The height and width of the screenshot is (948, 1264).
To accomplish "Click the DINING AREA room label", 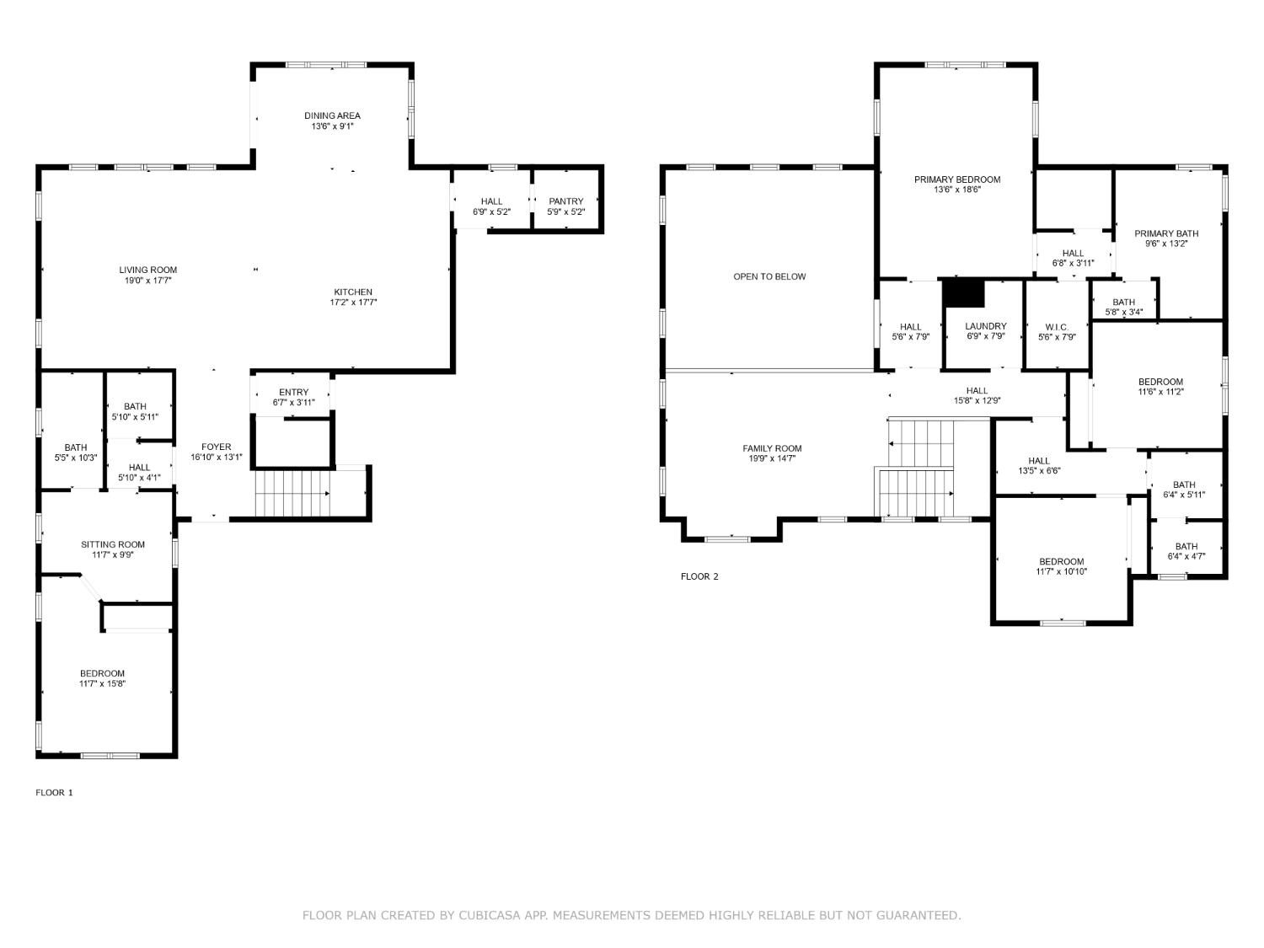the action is point(332,115).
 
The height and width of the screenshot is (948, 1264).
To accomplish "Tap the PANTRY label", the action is point(566,201).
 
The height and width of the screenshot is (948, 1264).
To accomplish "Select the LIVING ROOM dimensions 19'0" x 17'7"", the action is point(148,281).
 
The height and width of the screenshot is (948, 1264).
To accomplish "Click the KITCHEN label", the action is point(353,292).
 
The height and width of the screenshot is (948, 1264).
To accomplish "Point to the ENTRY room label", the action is point(294,392).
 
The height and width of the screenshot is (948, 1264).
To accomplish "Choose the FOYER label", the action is point(217,447).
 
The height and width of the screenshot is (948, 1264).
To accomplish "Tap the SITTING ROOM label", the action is point(113,544).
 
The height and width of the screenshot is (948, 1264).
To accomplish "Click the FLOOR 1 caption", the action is point(54,793).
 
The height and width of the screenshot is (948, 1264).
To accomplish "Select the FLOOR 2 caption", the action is point(699,576).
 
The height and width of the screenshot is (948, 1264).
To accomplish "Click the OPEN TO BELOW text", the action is point(769,277).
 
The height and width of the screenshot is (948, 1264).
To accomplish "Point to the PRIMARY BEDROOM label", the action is point(957,179).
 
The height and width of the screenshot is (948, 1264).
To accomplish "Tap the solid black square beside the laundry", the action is point(963,293).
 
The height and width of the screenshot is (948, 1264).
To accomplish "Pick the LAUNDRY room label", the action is point(986,326).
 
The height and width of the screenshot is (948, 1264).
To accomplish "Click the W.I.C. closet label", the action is point(1057,328).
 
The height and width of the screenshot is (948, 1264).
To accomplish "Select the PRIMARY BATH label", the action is point(1166,233).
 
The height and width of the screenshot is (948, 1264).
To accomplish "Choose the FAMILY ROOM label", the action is point(772,448).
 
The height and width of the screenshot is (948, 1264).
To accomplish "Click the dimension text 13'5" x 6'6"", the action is point(1039,471).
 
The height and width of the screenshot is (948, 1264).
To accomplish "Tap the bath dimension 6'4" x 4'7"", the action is point(1186,556).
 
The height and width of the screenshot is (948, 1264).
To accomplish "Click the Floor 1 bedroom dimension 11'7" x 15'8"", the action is point(103,683).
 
